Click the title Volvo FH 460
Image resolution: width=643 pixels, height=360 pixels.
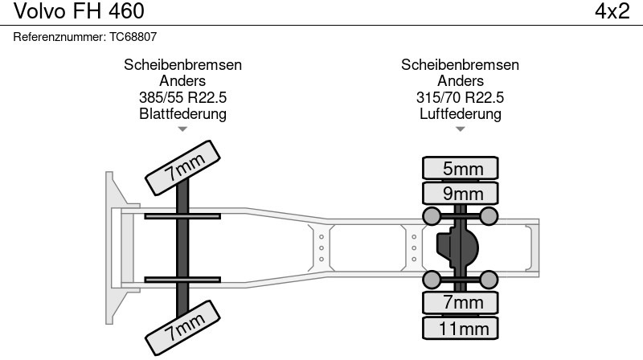click(75, 11)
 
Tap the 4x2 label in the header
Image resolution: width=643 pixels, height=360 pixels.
click(612, 11)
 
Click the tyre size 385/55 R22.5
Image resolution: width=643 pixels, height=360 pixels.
click(182, 97)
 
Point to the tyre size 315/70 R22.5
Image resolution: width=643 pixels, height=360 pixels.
click(461, 97)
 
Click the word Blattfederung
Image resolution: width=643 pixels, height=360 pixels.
click(182, 113)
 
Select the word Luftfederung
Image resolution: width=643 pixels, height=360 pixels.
click(461, 113)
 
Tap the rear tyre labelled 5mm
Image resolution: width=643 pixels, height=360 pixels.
click(461, 168)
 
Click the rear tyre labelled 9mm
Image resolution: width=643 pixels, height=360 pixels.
click(461, 193)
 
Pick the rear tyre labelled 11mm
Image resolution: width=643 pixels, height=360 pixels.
click(461, 328)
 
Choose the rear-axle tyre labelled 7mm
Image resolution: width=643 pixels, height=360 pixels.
click(461, 302)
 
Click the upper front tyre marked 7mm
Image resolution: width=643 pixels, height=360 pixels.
click(184, 166)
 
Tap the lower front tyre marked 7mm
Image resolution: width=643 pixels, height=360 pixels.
click(184, 327)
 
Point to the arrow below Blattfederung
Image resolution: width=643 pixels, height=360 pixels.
click(182, 129)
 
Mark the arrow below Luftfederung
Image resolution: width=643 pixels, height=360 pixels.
click(461, 129)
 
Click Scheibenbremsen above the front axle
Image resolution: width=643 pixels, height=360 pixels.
click(182, 65)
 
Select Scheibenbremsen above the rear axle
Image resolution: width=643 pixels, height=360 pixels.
click(461, 65)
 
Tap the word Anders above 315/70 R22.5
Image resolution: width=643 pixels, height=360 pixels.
click(461, 81)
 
